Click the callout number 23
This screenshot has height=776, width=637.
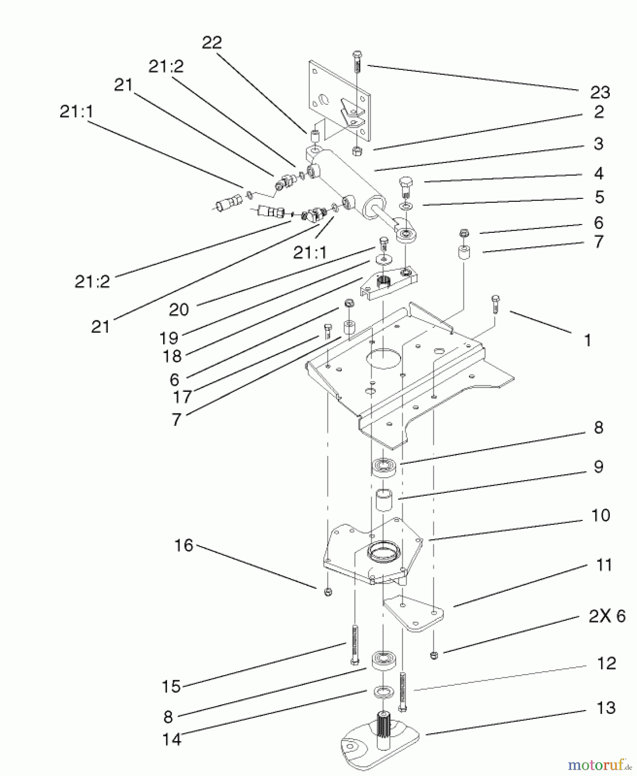pyautogui.click(x=600, y=92)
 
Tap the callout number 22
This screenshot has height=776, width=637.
pyautogui.click(x=212, y=42)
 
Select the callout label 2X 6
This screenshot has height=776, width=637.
pyautogui.click(x=607, y=616)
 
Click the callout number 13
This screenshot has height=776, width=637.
pyautogui.click(x=605, y=707)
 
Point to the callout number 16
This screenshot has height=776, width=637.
pyautogui.click(x=183, y=545)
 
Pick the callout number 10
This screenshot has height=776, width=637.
pyautogui.click(x=600, y=515)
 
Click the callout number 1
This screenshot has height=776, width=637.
pyautogui.click(x=587, y=340)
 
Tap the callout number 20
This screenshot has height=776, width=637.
pyautogui.click(x=179, y=310)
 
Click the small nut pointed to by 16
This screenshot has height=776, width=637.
pyautogui.click(x=328, y=592)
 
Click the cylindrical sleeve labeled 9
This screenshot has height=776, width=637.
pyautogui.click(x=382, y=499)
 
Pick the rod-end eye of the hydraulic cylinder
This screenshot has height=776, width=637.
pyautogui.click(x=406, y=234)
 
